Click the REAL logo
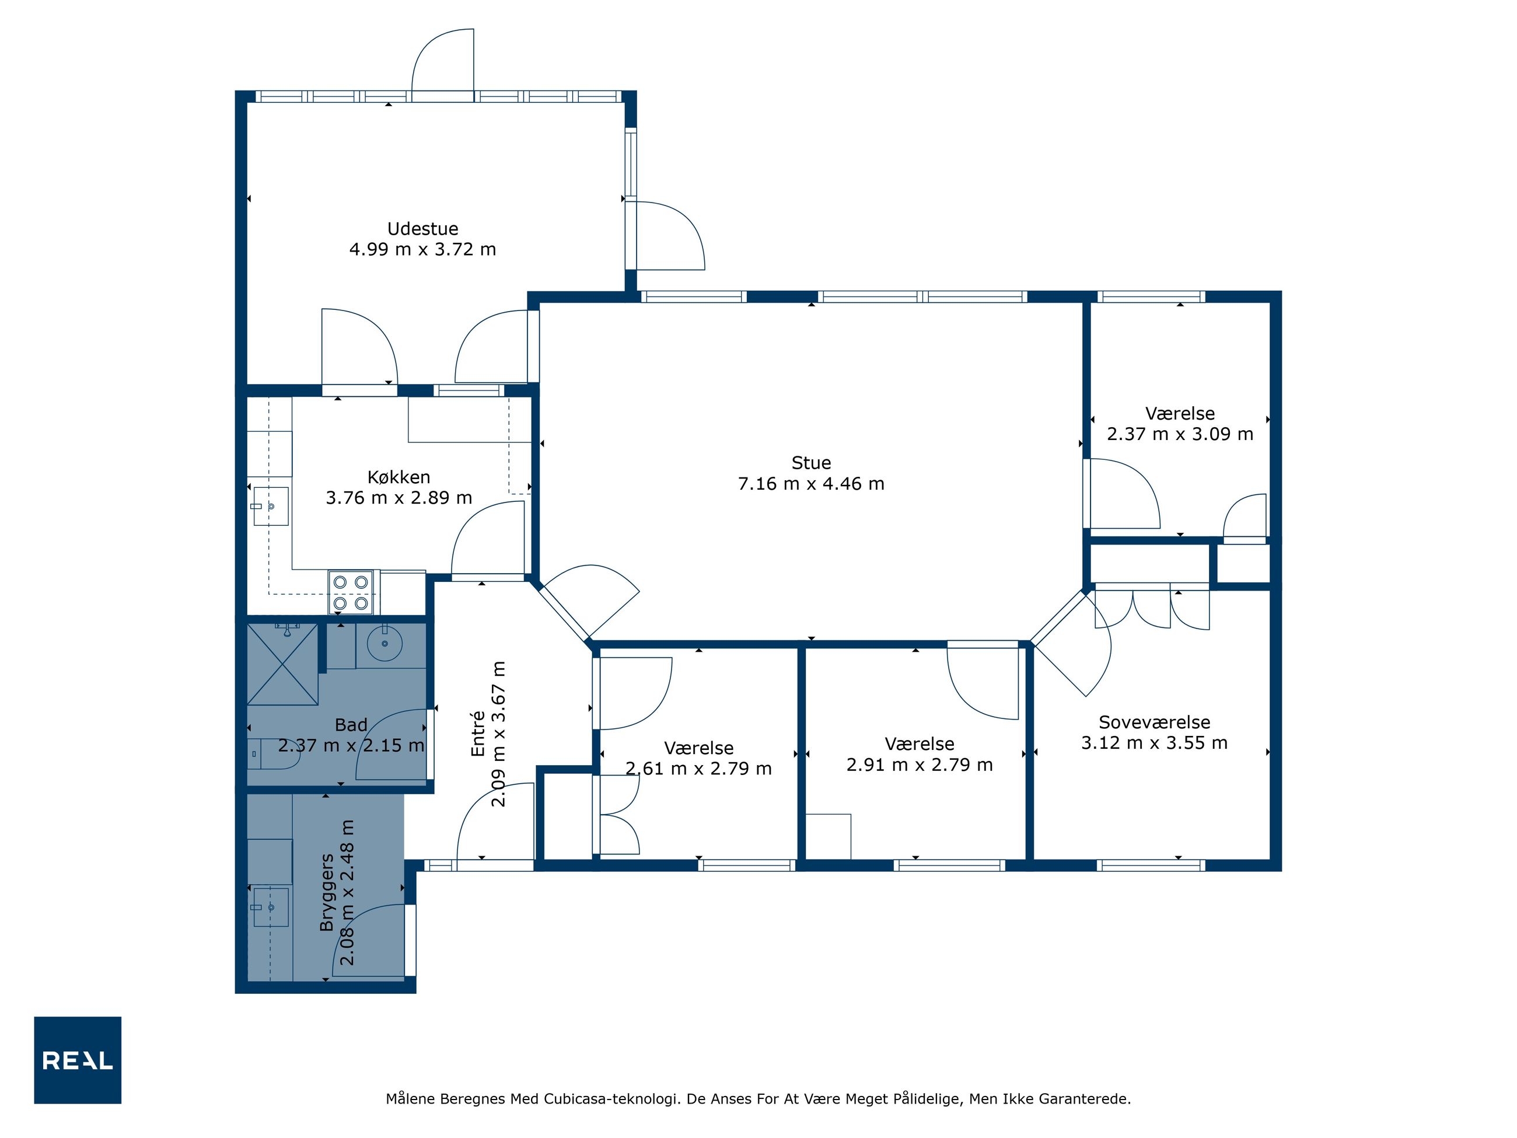coord(78,1060)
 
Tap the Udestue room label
coord(422,228)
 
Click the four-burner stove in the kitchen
coord(351,592)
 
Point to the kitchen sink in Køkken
coord(271,506)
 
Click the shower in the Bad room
coord(282,664)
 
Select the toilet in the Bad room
coord(273,754)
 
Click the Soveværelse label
coord(1154,722)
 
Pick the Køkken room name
coord(399,477)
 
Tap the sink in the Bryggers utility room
coord(271,907)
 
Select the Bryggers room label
coord(326,892)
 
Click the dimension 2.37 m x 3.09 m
coord(1180,434)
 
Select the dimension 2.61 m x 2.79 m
coord(698,768)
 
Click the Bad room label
coord(351,724)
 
